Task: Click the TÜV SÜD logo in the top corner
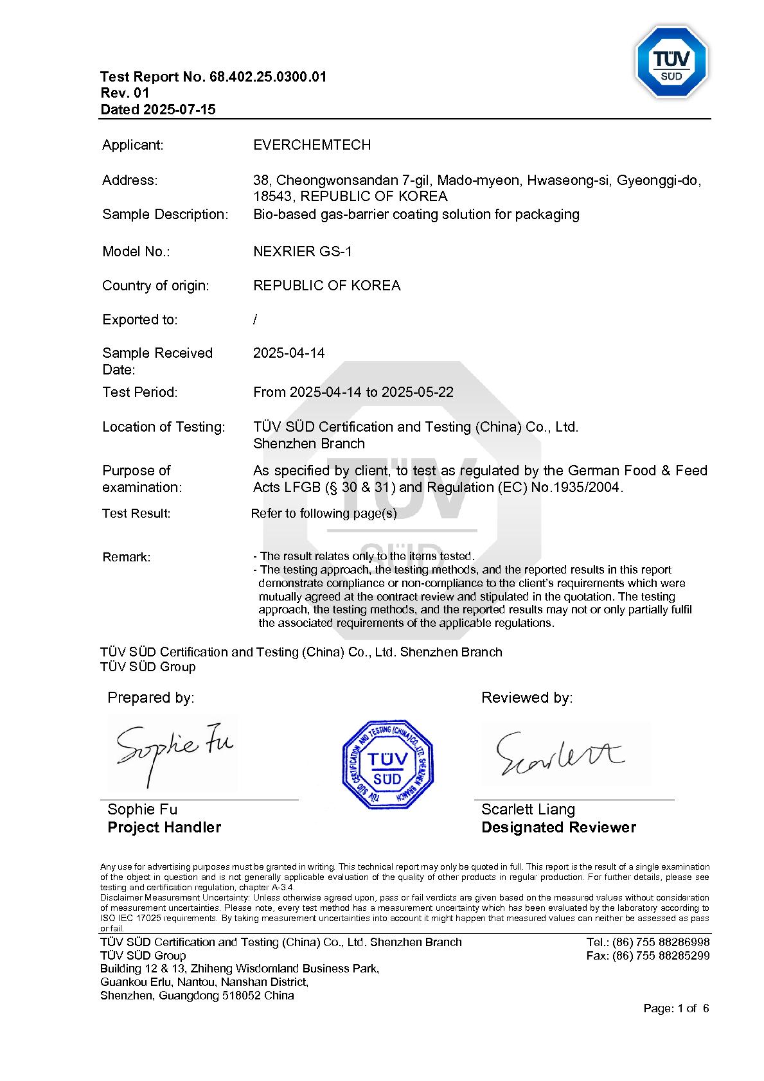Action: tap(671, 62)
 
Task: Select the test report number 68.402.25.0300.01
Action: tap(268, 77)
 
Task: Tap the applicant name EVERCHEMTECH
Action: tap(312, 145)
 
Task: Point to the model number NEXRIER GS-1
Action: tap(303, 252)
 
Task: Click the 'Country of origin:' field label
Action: tap(155, 286)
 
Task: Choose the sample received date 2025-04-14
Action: tap(289, 353)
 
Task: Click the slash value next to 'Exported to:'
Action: tap(256, 320)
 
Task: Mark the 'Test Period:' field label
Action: tap(140, 392)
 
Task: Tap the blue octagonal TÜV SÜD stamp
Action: tap(387, 764)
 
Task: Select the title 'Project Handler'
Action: tap(164, 827)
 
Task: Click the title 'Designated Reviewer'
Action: tap(558, 827)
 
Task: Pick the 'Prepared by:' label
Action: tap(150, 698)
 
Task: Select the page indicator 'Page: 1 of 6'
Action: tap(676, 1008)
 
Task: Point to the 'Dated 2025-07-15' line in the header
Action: tap(158, 110)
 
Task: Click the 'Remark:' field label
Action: tap(127, 558)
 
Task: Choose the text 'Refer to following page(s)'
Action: tap(324, 514)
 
